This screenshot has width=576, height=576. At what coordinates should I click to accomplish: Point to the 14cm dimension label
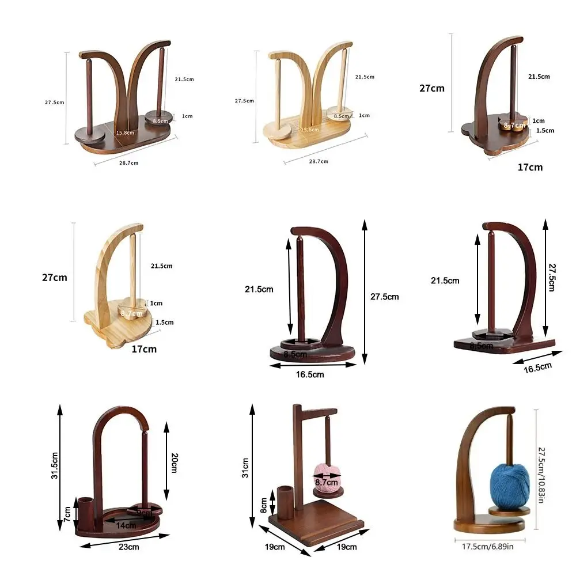click(126, 525)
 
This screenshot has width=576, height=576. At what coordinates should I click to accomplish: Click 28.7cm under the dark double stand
click(128, 163)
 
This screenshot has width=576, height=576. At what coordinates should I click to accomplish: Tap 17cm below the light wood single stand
click(144, 349)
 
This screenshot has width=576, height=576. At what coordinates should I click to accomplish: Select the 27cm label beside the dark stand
click(432, 88)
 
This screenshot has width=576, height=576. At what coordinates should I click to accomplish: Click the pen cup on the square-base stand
click(285, 498)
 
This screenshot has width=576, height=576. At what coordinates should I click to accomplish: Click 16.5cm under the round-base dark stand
click(309, 374)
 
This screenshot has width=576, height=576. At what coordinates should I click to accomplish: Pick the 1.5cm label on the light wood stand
click(164, 323)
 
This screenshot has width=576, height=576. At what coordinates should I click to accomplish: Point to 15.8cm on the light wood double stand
click(309, 130)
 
